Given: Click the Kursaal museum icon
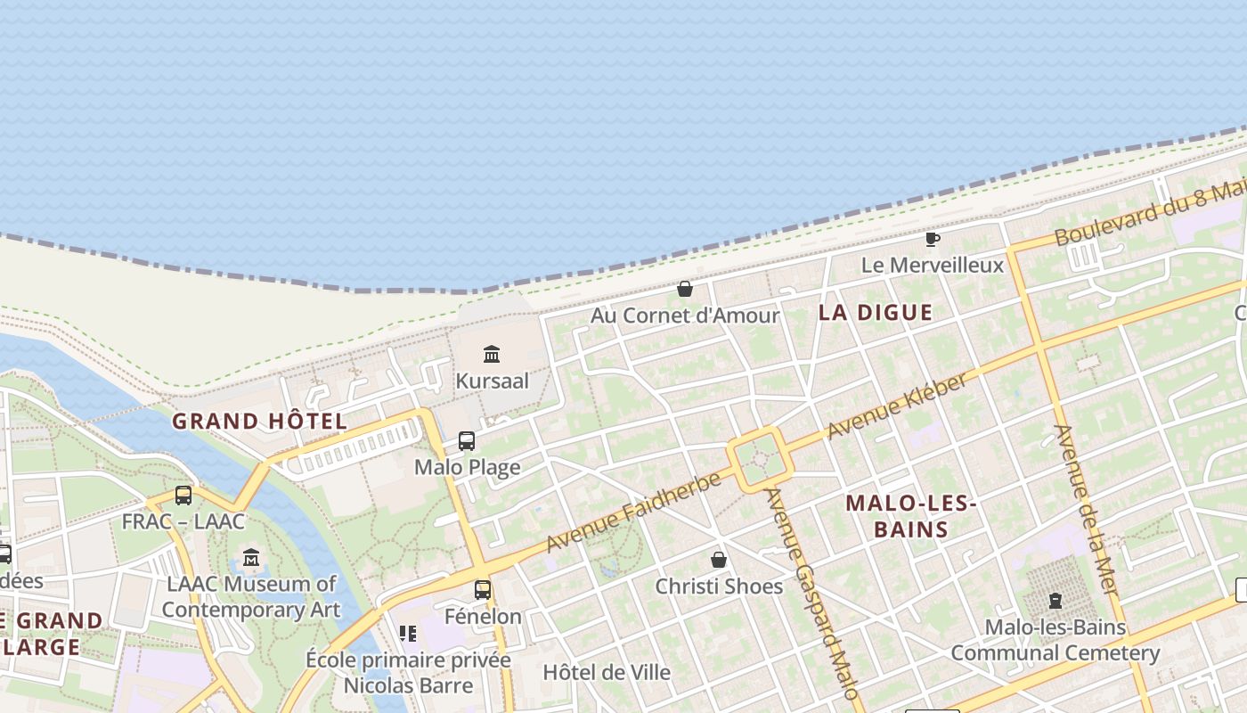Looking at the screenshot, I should coord(492,355).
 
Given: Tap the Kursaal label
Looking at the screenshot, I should coord(492,381).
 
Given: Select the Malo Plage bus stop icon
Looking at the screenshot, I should coord(467,440).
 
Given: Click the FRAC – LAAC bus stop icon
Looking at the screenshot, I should coord(183,496).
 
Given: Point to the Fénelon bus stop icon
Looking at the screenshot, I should coord(483,589).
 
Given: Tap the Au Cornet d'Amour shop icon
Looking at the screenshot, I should coord(685,289).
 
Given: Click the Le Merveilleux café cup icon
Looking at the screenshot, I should coord(932,239).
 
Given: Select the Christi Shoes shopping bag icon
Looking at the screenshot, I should coord(719,560).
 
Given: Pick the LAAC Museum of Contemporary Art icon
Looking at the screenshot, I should coord(251,558).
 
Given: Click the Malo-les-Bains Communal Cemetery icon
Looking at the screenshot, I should coord(1055,601).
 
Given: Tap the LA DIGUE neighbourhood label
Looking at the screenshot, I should coord(875,313).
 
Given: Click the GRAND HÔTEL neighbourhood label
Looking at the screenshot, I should coord(259,422).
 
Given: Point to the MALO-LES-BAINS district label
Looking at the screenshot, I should coord(910,516).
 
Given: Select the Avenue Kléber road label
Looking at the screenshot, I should coord(897,406).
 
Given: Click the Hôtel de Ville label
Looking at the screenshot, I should coord(607,672).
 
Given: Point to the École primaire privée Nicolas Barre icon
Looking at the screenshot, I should coord(408,634).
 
